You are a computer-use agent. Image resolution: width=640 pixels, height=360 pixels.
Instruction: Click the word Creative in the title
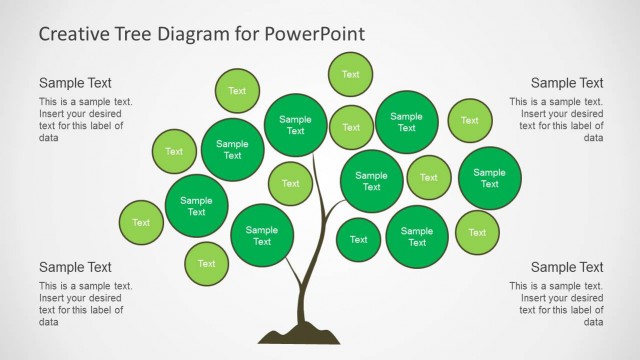[73, 34]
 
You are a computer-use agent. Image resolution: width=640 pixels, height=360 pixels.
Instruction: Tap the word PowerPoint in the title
[315, 34]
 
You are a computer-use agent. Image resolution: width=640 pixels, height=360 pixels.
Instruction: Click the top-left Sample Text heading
[75, 83]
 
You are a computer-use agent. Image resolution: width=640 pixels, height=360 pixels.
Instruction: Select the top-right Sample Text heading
[567, 83]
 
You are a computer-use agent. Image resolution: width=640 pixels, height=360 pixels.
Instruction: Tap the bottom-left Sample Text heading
[75, 267]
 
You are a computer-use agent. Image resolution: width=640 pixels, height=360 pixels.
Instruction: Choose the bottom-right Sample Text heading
[567, 267]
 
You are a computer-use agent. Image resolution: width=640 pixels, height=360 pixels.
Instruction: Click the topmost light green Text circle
[351, 74]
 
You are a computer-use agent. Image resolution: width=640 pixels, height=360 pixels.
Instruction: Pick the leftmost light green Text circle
[141, 222]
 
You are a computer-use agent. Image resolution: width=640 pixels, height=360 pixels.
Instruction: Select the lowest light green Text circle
[206, 264]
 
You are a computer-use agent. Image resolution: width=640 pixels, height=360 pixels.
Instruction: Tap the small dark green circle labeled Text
[358, 239]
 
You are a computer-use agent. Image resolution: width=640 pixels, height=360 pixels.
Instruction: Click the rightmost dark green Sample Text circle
[490, 178]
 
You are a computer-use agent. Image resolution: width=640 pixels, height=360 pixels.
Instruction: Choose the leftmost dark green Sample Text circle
[196, 206]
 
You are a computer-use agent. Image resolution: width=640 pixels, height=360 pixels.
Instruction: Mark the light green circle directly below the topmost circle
[351, 127]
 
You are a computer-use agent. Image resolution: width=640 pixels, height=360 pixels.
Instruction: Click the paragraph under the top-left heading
[85, 120]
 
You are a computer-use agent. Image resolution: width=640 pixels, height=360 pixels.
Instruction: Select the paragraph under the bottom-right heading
[556, 304]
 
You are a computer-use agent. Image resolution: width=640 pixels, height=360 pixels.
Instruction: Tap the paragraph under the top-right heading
[556, 120]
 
